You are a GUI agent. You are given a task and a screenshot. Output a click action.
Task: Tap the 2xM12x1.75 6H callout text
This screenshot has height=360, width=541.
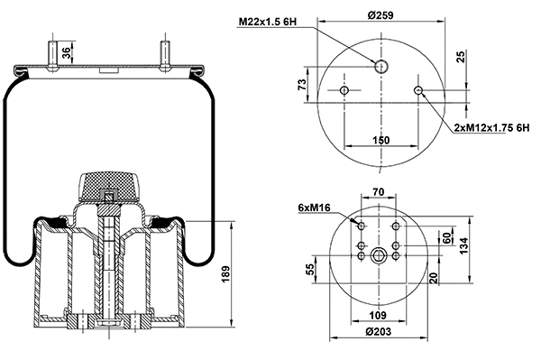[x=491, y=129]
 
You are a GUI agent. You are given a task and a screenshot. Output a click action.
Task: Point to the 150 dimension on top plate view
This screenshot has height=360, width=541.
[x=381, y=141]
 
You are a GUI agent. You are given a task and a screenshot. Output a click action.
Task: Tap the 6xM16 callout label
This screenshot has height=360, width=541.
[x=312, y=209]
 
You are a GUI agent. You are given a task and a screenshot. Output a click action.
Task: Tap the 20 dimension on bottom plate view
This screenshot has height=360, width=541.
[x=433, y=277]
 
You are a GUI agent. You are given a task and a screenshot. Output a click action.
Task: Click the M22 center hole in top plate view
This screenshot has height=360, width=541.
[x=381, y=66]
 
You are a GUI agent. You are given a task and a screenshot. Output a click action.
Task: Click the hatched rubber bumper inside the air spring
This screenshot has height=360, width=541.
[x=109, y=186]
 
